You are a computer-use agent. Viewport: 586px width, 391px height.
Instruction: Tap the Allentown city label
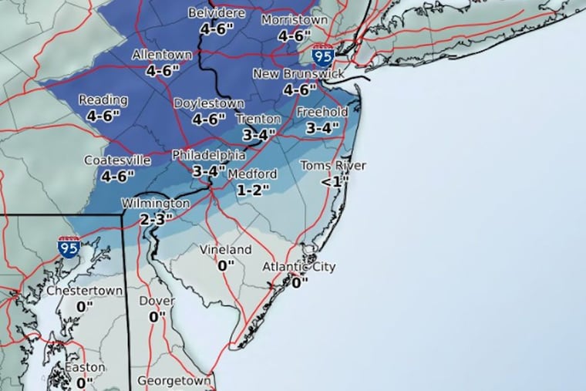click(x=162, y=56)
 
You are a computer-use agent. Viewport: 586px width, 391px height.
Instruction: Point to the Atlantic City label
click(x=299, y=268)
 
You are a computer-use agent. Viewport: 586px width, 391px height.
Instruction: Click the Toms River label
click(x=333, y=166)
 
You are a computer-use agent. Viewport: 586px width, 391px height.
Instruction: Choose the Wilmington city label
click(x=155, y=204)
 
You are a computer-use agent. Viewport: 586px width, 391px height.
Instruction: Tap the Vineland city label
click(x=226, y=250)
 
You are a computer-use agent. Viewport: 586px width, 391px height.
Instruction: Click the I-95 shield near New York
click(x=323, y=55)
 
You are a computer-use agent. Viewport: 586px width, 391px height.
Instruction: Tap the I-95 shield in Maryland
click(x=69, y=247)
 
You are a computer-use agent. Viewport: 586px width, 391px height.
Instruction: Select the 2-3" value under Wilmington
click(x=157, y=219)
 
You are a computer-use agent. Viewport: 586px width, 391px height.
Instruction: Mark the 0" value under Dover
click(x=157, y=316)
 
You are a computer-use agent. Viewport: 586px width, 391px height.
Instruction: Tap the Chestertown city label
click(x=79, y=292)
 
